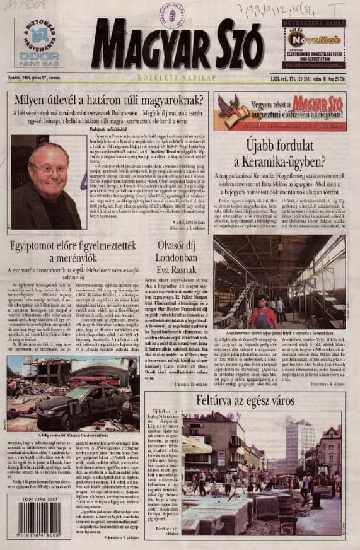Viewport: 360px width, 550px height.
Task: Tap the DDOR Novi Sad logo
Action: click(39, 43)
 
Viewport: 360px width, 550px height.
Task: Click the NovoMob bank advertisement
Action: click(313, 44)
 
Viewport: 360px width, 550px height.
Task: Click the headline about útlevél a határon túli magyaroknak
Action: click(107, 102)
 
